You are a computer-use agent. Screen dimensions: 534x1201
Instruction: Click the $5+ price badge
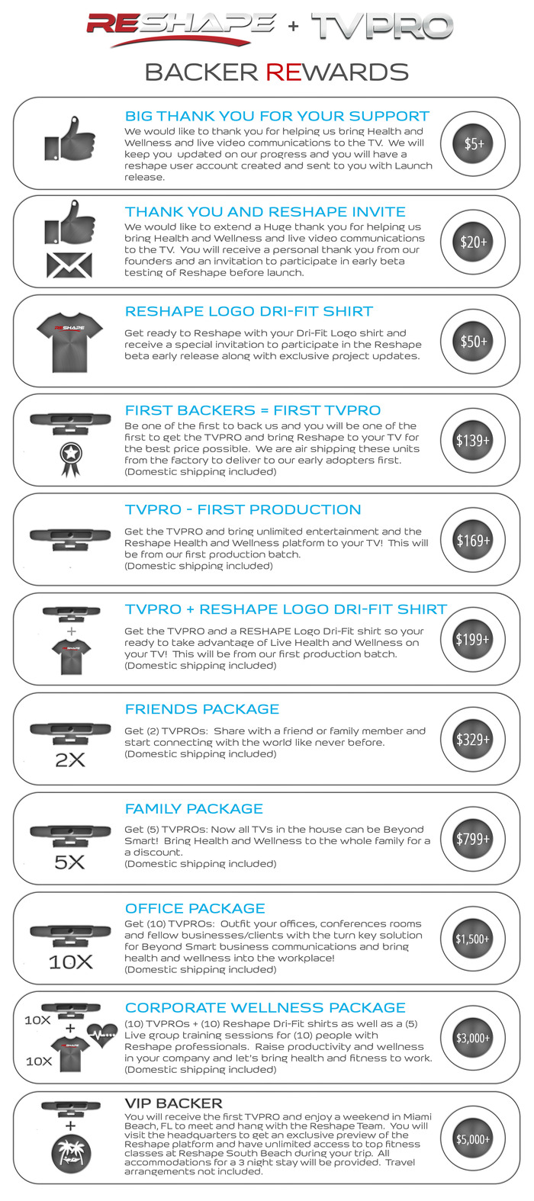click(x=473, y=143)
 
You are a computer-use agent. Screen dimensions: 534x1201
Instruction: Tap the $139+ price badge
click(x=473, y=441)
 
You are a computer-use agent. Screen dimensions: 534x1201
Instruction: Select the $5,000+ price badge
click(x=473, y=1138)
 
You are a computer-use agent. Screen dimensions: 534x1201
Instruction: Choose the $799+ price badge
click(x=473, y=839)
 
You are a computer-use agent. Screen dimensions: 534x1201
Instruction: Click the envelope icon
click(x=69, y=265)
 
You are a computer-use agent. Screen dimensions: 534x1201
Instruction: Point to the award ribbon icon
click(x=70, y=459)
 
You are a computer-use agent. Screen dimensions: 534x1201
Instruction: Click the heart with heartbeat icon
click(x=102, y=1035)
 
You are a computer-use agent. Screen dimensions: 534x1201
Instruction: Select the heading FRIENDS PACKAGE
click(x=202, y=709)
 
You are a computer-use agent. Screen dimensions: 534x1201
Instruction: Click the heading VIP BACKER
click(x=174, y=1103)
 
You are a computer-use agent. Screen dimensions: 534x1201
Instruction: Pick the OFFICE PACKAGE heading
click(x=195, y=908)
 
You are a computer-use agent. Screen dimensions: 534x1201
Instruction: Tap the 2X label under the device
click(x=70, y=759)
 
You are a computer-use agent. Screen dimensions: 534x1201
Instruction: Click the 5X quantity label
click(x=69, y=862)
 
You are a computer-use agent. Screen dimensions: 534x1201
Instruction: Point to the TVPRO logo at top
click(x=382, y=26)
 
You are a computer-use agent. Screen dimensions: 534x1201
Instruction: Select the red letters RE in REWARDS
click(x=284, y=72)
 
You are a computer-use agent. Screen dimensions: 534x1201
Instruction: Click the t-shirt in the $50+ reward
click(x=69, y=342)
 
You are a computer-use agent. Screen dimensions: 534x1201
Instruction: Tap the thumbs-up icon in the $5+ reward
click(x=69, y=138)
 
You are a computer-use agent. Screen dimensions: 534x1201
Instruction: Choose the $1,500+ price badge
click(x=473, y=938)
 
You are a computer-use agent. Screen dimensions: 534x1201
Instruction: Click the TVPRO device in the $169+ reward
click(x=70, y=539)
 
